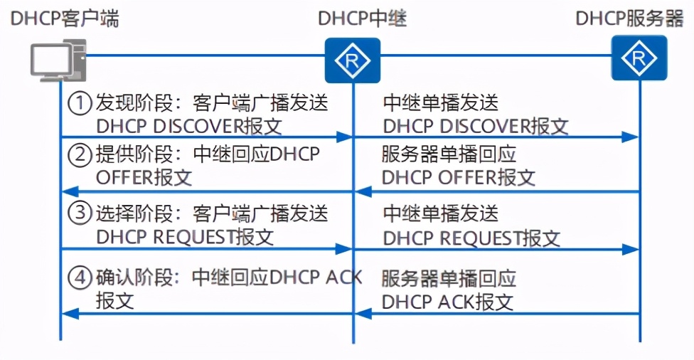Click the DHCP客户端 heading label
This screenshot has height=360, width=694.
coord(65,18)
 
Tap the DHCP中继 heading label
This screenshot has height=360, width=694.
coord(362,18)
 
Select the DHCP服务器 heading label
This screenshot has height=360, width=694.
coord(629,18)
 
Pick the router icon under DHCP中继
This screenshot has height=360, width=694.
coord(353,60)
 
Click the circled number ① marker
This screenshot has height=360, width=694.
coord(80,104)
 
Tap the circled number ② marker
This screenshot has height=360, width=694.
coord(80,154)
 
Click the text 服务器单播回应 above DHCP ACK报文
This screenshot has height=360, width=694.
coord(449,278)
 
